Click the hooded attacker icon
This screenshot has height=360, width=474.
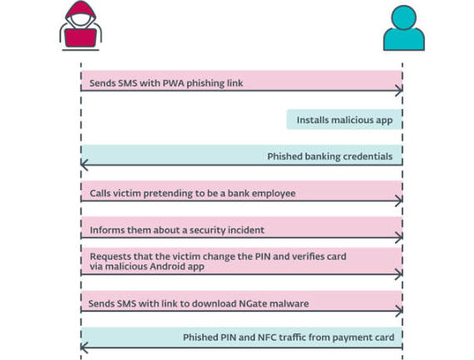tap(81, 26)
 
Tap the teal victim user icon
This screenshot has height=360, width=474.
tap(404, 28)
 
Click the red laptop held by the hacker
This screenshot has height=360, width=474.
tap(81, 37)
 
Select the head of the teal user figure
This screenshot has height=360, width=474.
tap(404, 17)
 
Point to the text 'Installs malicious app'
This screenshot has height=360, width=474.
tap(344, 120)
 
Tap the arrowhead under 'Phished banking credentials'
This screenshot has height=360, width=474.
tap(84, 165)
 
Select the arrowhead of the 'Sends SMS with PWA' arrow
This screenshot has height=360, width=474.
tap(399, 91)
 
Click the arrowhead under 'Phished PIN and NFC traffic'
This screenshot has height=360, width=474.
tap(84, 348)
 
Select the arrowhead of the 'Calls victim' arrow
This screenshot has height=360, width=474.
tap(399, 200)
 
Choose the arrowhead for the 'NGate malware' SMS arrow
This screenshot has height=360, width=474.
tap(399, 311)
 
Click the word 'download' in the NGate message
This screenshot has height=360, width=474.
tap(214, 303)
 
